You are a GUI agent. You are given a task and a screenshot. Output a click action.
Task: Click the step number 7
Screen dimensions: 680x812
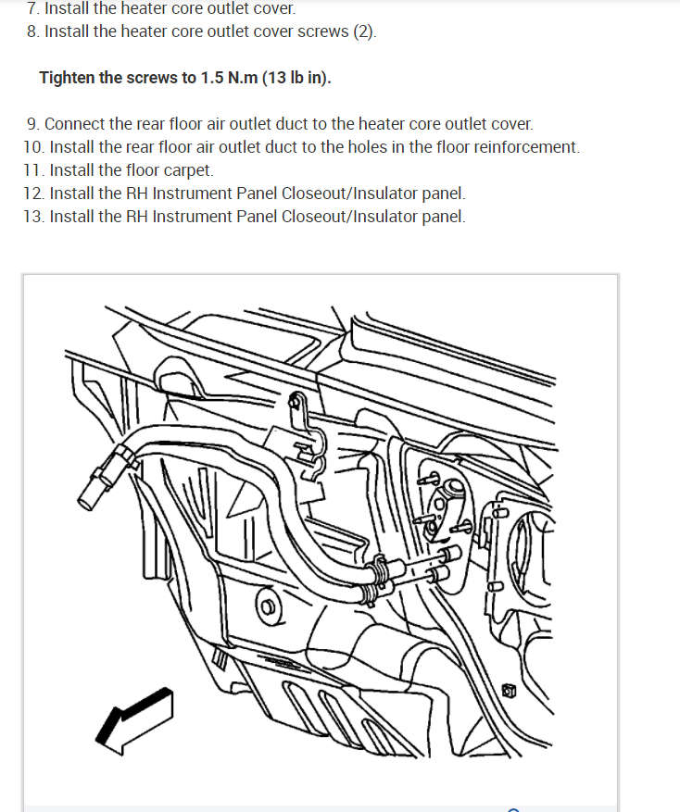pyautogui.click(x=32, y=8)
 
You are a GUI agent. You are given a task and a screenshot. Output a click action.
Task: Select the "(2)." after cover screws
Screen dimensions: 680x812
pyautogui.click(x=365, y=31)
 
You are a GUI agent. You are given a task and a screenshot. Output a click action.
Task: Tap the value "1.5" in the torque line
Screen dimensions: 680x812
pyautogui.click(x=212, y=78)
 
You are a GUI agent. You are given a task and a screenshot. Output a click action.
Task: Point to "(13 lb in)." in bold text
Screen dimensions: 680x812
pyautogui.click(x=297, y=78)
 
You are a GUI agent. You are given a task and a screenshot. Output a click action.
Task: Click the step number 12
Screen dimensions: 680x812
pyautogui.click(x=33, y=194)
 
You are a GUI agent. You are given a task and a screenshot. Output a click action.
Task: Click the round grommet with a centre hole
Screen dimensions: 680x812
pyautogui.click(x=268, y=606)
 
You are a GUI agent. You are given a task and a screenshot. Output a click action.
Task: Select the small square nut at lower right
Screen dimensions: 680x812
pyautogui.click(x=509, y=691)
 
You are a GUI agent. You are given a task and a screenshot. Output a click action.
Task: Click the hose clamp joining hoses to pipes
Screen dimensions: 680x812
pyautogui.click(x=376, y=579)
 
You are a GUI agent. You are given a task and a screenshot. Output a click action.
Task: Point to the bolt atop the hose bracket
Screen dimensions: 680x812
pyautogui.click(x=296, y=400)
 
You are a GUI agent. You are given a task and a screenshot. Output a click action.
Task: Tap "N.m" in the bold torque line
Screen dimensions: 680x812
pyautogui.click(x=243, y=78)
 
